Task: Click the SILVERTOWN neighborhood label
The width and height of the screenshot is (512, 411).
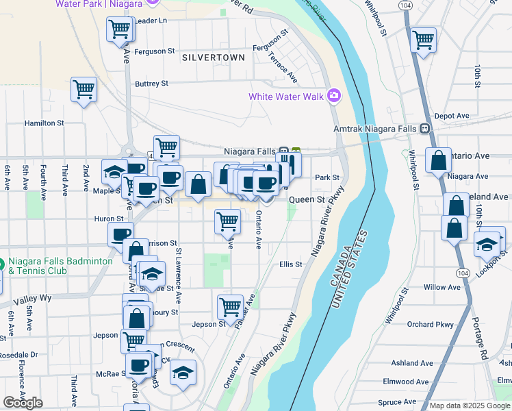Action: click(214, 58)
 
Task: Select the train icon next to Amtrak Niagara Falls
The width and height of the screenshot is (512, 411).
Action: click(424, 128)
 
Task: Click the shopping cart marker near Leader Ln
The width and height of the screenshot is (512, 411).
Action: click(120, 29)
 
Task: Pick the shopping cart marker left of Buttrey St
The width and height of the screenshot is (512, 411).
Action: click(84, 89)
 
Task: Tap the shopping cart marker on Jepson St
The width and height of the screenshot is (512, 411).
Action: click(230, 306)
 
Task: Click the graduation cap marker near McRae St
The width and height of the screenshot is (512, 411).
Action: click(182, 373)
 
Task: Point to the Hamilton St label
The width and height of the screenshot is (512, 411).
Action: click(44, 123)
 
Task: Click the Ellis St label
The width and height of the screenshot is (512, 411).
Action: click(290, 264)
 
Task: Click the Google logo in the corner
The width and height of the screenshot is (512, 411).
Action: click(23, 403)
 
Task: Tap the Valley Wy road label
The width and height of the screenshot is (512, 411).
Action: click(37, 298)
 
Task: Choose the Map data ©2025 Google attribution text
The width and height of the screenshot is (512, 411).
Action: click(469, 406)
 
